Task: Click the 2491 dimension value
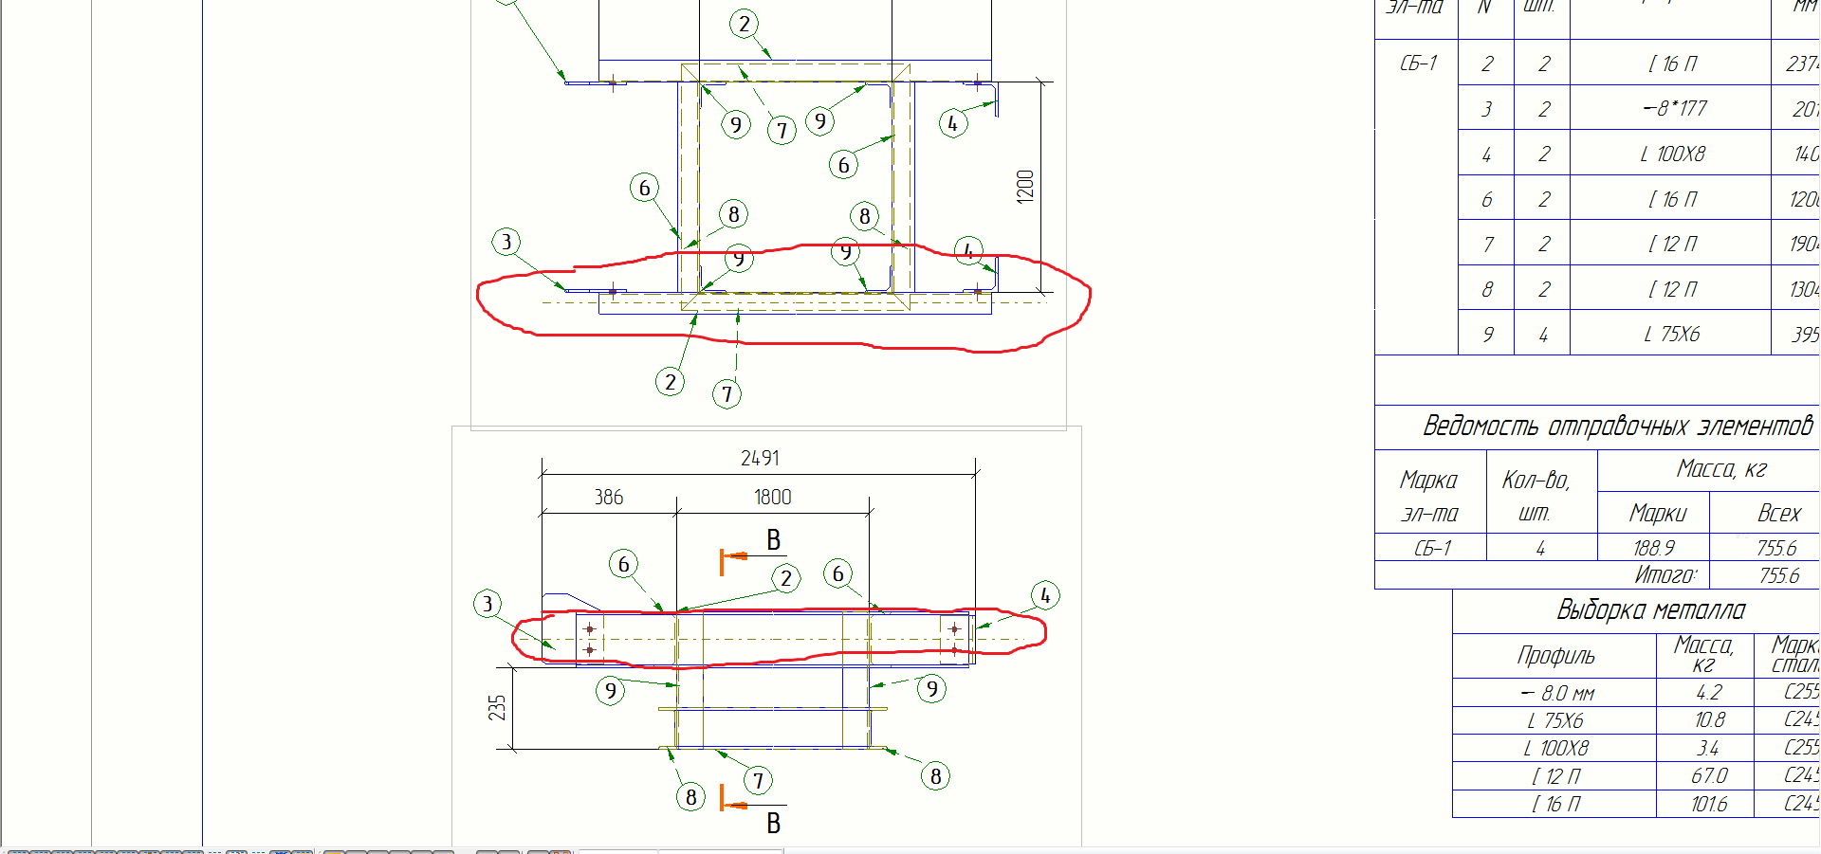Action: pyautogui.click(x=760, y=459)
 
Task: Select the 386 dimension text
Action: pyautogui.click(x=609, y=498)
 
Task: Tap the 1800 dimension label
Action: pyautogui.click(x=772, y=498)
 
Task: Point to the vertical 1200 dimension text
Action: pyautogui.click(x=1025, y=186)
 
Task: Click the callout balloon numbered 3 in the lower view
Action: pyautogui.click(x=487, y=604)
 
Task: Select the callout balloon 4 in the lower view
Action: pyautogui.click(x=1045, y=595)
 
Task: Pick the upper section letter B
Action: pyautogui.click(x=774, y=540)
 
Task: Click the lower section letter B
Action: pyautogui.click(x=774, y=823)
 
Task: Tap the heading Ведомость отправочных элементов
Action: pyautogui.click(x=1617, y=427)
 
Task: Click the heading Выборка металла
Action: pyautogui.click(x=1650, y=610)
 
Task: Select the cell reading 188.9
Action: pyautogui.click(x=1653, y=548)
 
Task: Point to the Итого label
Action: pyautogui.click(x=1665, y=575)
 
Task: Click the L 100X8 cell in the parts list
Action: pyautogui.click(x=1672, y=154)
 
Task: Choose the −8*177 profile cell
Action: pyautogui.click(x=1674, y=108)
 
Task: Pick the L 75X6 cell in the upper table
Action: pyautogui.click(x=1671, y=335)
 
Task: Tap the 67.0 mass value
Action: pyautogui.click(x=1709, y=776)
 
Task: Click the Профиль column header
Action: pyautogui.click(x=1555, y=656)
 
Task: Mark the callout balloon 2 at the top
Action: pyautogui.click(x=745, y=24)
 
